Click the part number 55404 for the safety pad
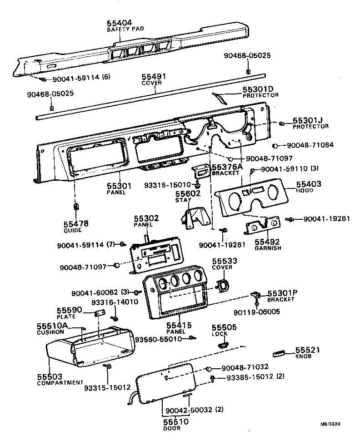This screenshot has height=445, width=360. point(119,22)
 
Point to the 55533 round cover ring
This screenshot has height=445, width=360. point(223,287)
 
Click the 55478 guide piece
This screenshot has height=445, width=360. point(76,208)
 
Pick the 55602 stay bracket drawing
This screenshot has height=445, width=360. point(194,217)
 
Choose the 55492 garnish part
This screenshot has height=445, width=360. point(263,225)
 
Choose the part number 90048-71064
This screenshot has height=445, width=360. point(310,145)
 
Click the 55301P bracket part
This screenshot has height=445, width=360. point(255,295)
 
